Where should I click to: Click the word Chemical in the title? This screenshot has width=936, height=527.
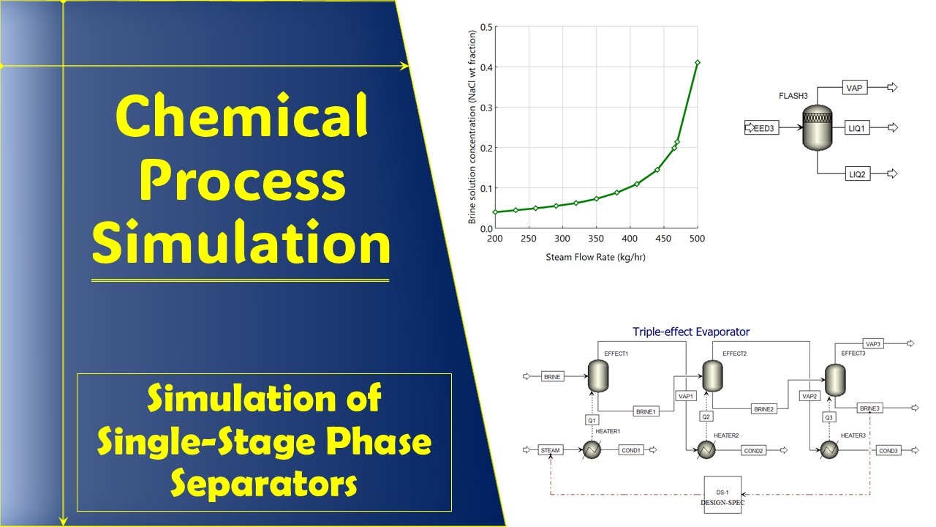pos(241,119)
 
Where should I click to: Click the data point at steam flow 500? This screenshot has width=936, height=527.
pos(698,63)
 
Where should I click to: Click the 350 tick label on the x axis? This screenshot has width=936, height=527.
pos(596,239)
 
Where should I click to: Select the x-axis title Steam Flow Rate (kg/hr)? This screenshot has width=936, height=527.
pos(596,257)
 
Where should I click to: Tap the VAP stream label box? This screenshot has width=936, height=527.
pos(854,88)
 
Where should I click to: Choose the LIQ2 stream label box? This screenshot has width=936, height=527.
pos(856,173)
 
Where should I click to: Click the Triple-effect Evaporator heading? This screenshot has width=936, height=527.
pos(691,332)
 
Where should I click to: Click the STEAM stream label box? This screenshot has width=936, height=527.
pos(550,450)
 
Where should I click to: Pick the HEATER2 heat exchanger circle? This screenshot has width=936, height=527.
pos(706,450)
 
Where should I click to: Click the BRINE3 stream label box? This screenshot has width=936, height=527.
pos(869,408)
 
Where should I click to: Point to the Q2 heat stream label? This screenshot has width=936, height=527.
pos(706,416)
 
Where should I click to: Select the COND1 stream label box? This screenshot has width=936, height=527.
pos(631,450)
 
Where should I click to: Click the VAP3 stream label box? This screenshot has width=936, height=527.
pos(873,343)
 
